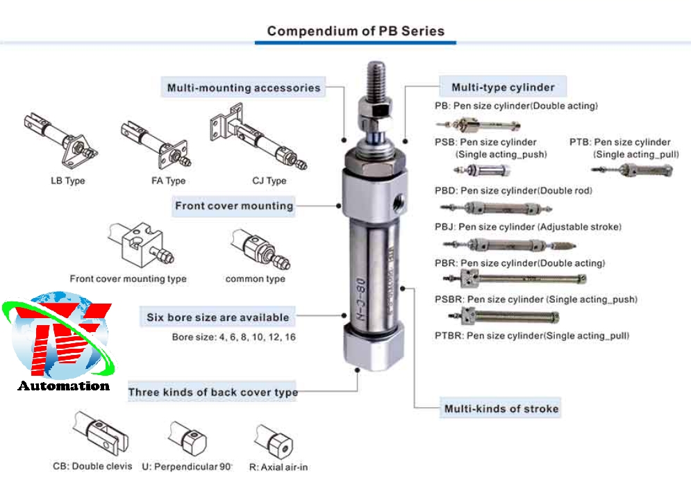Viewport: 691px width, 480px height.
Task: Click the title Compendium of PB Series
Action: [356, 31]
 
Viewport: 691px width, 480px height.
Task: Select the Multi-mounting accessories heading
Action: [244, 88]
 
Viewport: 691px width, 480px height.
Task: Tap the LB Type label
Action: [67, 181]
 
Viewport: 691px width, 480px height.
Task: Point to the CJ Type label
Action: [269, 181]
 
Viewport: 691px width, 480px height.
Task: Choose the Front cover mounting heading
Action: [234, 206]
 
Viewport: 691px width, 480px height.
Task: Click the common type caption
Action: [255, 279]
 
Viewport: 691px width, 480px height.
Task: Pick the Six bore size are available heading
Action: [217, 317]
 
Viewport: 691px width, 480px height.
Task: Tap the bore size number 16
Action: [290, 337]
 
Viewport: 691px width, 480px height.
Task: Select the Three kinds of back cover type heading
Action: [213, 392]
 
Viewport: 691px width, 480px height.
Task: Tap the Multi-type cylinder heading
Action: [503, 88]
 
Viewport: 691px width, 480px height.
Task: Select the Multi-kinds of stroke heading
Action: [501, 408]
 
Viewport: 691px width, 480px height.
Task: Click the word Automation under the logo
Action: [64, 386]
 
